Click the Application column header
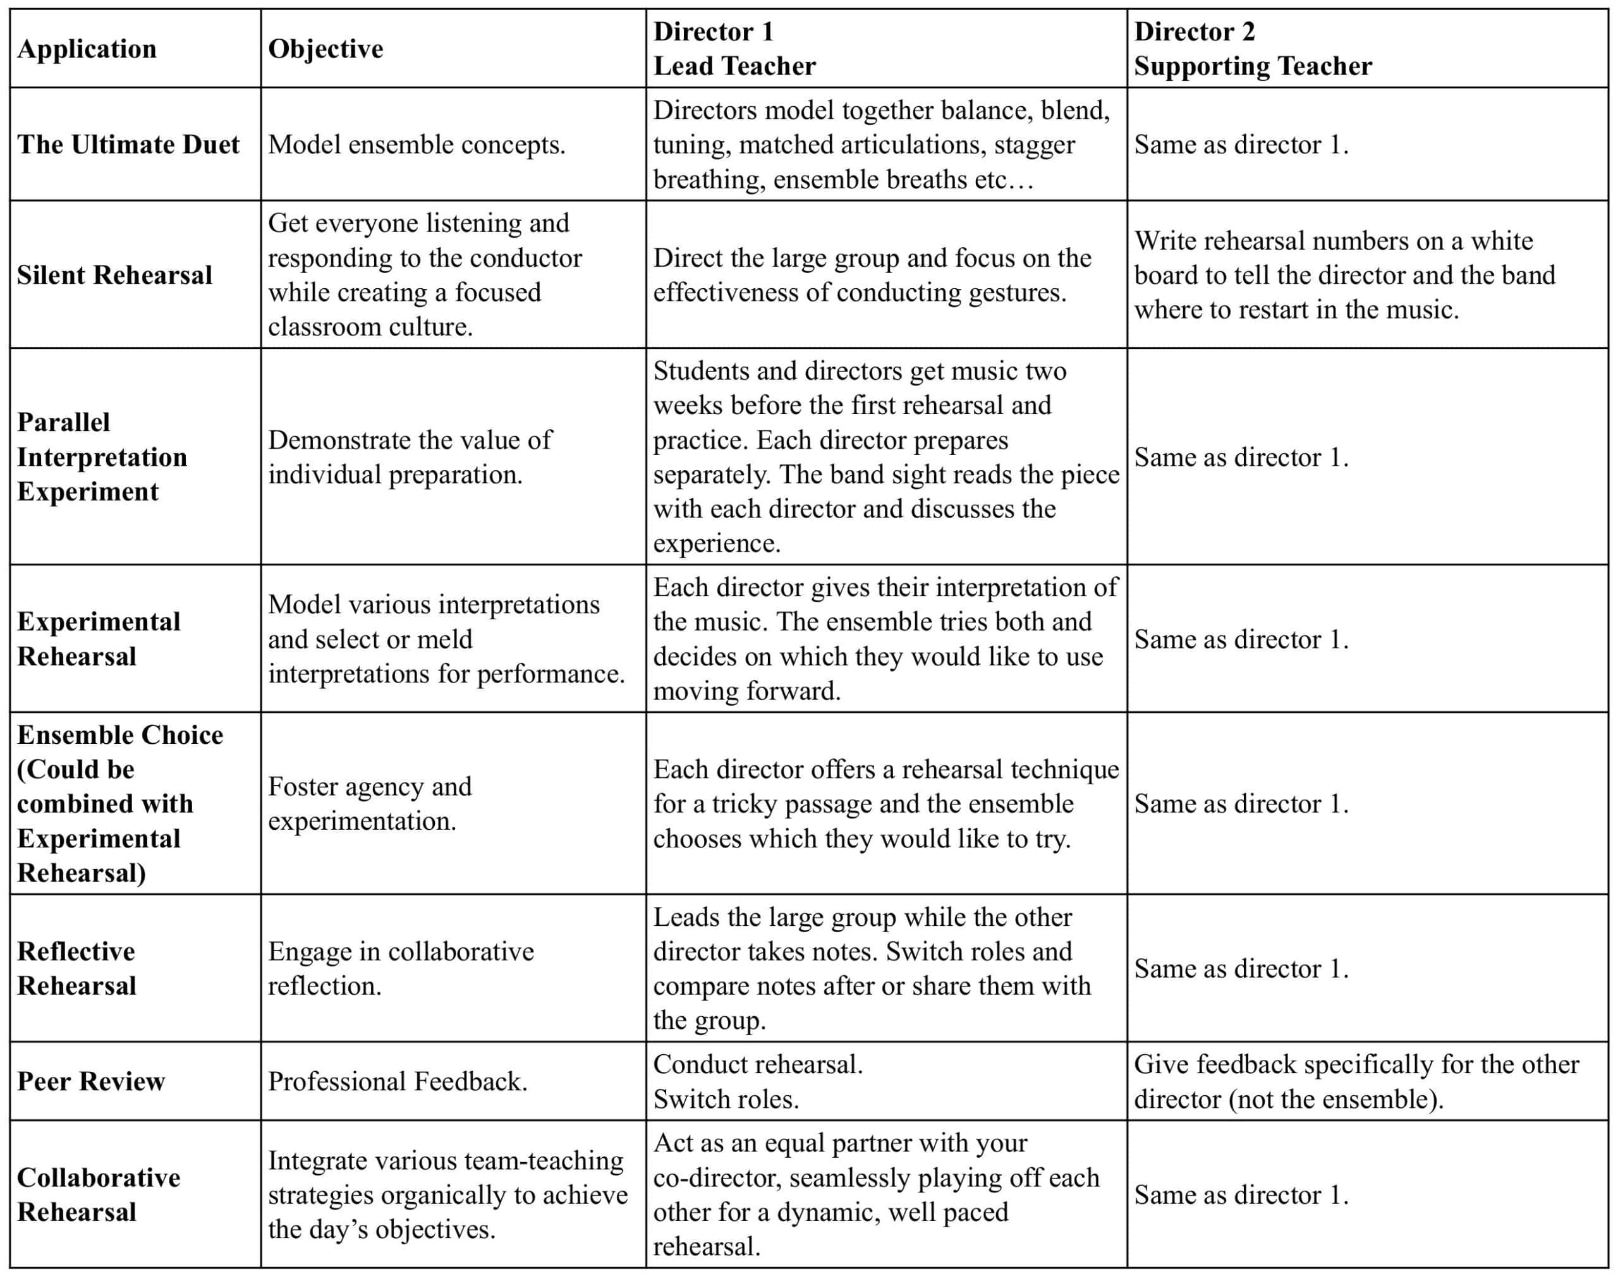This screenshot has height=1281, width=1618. coord(87,49)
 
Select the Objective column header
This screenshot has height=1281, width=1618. coord(325,49)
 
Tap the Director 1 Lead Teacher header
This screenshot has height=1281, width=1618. coord(734,49)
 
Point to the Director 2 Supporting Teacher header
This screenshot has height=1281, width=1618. coord(1253,49)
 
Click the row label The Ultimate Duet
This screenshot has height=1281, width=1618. coord(128,145)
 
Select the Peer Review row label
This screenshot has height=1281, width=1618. coord(91,1081)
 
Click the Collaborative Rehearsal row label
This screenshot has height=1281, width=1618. coord(98,1195)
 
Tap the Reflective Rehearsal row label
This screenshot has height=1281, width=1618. coord(76,968)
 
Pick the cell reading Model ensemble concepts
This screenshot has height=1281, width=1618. coord(417,145)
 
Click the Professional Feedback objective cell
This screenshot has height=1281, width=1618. coord(398,1081)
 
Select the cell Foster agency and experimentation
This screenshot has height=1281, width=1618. coord(370,803)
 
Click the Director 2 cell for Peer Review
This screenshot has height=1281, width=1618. coord(1356,1081)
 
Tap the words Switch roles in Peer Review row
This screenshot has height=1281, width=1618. coord(726,1100)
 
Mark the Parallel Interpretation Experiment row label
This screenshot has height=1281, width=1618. coord(102,457)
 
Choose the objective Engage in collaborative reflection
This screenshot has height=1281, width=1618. coord(401,968)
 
